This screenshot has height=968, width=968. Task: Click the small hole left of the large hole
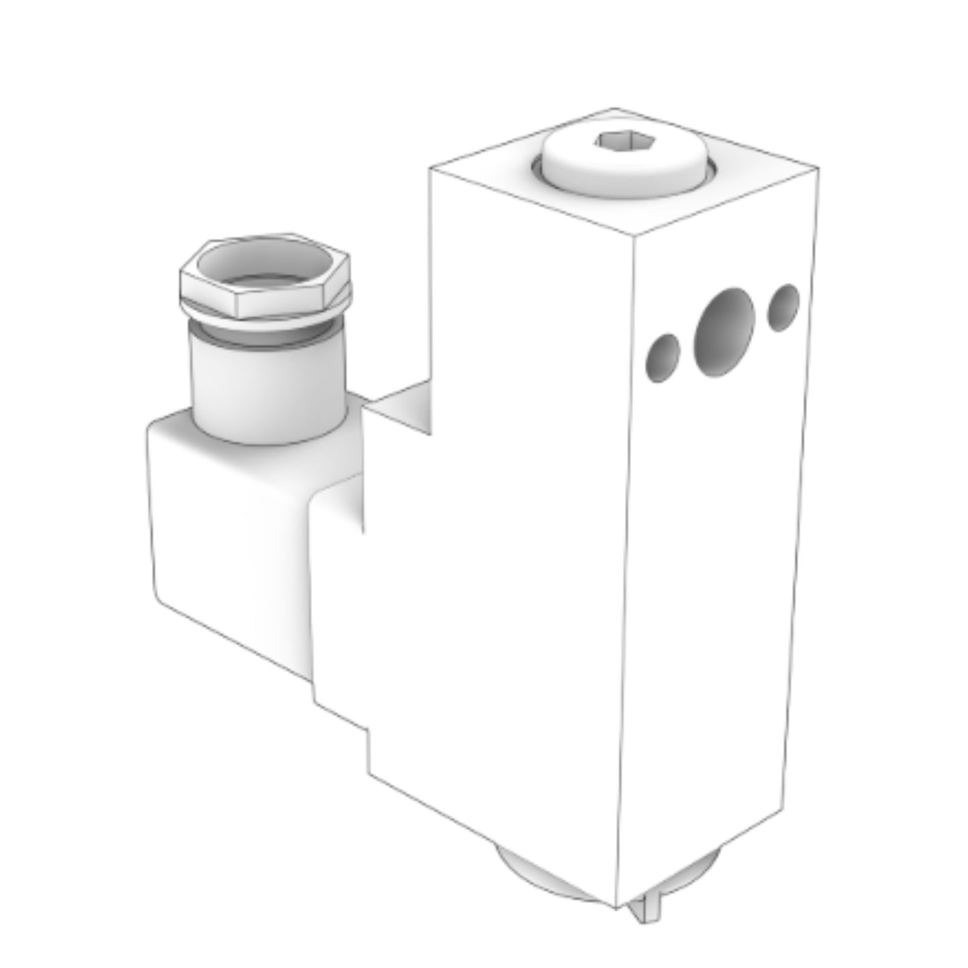tap(663, 355)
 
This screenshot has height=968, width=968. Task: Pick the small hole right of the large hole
tap(783, 307)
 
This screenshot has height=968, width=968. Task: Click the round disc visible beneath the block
tap(529, 868)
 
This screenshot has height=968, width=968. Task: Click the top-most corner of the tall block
tap(614, 108)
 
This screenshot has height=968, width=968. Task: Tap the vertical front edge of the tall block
tap(626, 569)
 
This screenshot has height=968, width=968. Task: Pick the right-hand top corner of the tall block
tap(818, 167)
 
